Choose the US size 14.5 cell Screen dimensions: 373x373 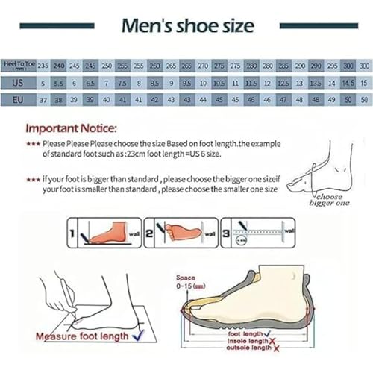pos(348,82)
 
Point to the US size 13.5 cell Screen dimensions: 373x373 pos(316,82)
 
